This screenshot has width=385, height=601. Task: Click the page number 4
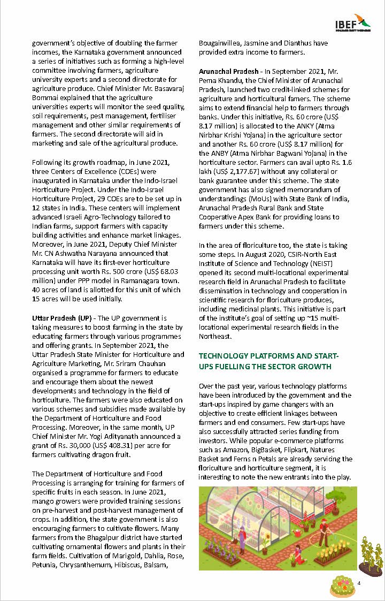359,582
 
